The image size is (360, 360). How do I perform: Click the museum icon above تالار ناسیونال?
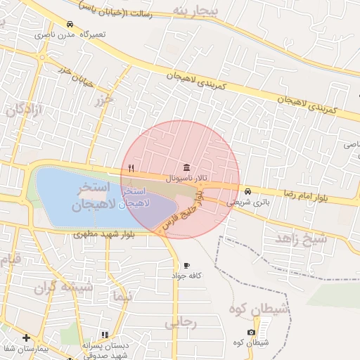pos(186,167)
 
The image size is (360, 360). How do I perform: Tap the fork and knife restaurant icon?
pos(131,167)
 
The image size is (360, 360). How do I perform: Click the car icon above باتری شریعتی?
pos(247,191)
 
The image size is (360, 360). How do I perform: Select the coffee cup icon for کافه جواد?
pos(186,265)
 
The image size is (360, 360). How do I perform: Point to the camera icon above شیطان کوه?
pos(252,332)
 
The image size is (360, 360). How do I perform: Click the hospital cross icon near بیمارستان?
pos(26,338)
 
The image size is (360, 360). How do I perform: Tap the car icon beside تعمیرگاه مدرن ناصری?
pos(70,24)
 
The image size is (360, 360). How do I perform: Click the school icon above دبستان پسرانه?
pos(105,335)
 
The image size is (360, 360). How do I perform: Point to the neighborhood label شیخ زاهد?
pos(301,239)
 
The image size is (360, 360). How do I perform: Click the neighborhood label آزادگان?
pos(25,110)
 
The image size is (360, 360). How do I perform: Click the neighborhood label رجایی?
pos(181,323)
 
